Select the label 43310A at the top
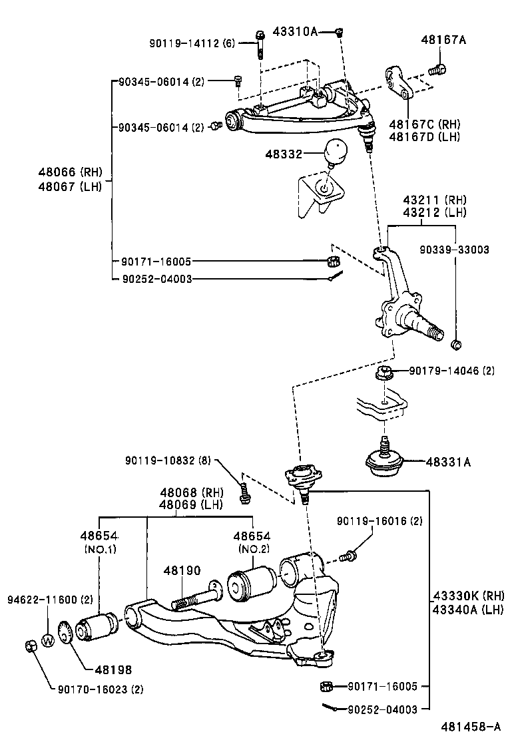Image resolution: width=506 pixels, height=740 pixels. point(296,31)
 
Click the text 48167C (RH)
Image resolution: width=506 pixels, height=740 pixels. point(424,124)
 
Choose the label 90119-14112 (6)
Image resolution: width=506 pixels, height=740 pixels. point(198,43)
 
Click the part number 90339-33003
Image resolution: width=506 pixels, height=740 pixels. point(454,250)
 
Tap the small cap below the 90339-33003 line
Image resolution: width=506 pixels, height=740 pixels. point(456,345)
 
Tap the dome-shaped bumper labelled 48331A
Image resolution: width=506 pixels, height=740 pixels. point(385,461)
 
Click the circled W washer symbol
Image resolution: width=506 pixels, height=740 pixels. point(47,641)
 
